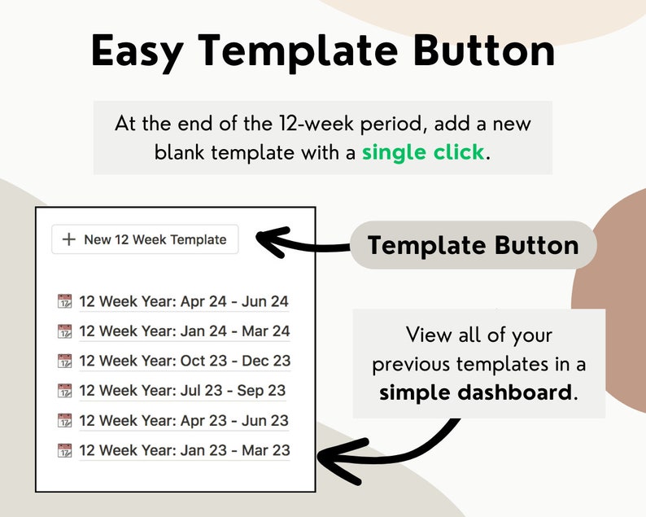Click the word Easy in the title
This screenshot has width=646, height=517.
pyautogui.click(x=137, y=51)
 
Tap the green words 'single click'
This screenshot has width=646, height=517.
pyautogui.click(x=423, y=152)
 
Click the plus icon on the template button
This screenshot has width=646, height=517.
pyautogui.click(x=69, y=239)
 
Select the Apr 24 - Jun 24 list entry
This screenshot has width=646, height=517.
pyautogui.click(x=184, y=301)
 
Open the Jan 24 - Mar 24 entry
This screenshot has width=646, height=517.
pyautogui.click(x=185, y=331)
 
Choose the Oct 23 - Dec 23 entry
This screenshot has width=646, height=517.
pyautogui.click(x=185, y=361)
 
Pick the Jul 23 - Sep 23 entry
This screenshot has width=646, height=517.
pyautogui.click(x=182, y=391)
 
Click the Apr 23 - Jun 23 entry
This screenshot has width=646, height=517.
pyautogui.click(x=184, y=421)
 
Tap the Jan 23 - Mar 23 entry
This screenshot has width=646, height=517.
pyautogui.click(x=185, y=450)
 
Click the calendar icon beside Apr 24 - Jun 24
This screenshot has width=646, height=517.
pyautogui.click(x=65, y=301)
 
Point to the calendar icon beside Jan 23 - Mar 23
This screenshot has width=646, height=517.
pyautogui.click(x=65, y=450)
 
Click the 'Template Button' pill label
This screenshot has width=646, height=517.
pyautogui.click(x=474, y=245)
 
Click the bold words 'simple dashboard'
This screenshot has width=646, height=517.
pyautogui.click(x=475, y=392)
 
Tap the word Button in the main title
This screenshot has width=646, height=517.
pyautogui.click(x=485, y=51)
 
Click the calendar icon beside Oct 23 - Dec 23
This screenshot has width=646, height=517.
pyautogui.click(x=65, y=361)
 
